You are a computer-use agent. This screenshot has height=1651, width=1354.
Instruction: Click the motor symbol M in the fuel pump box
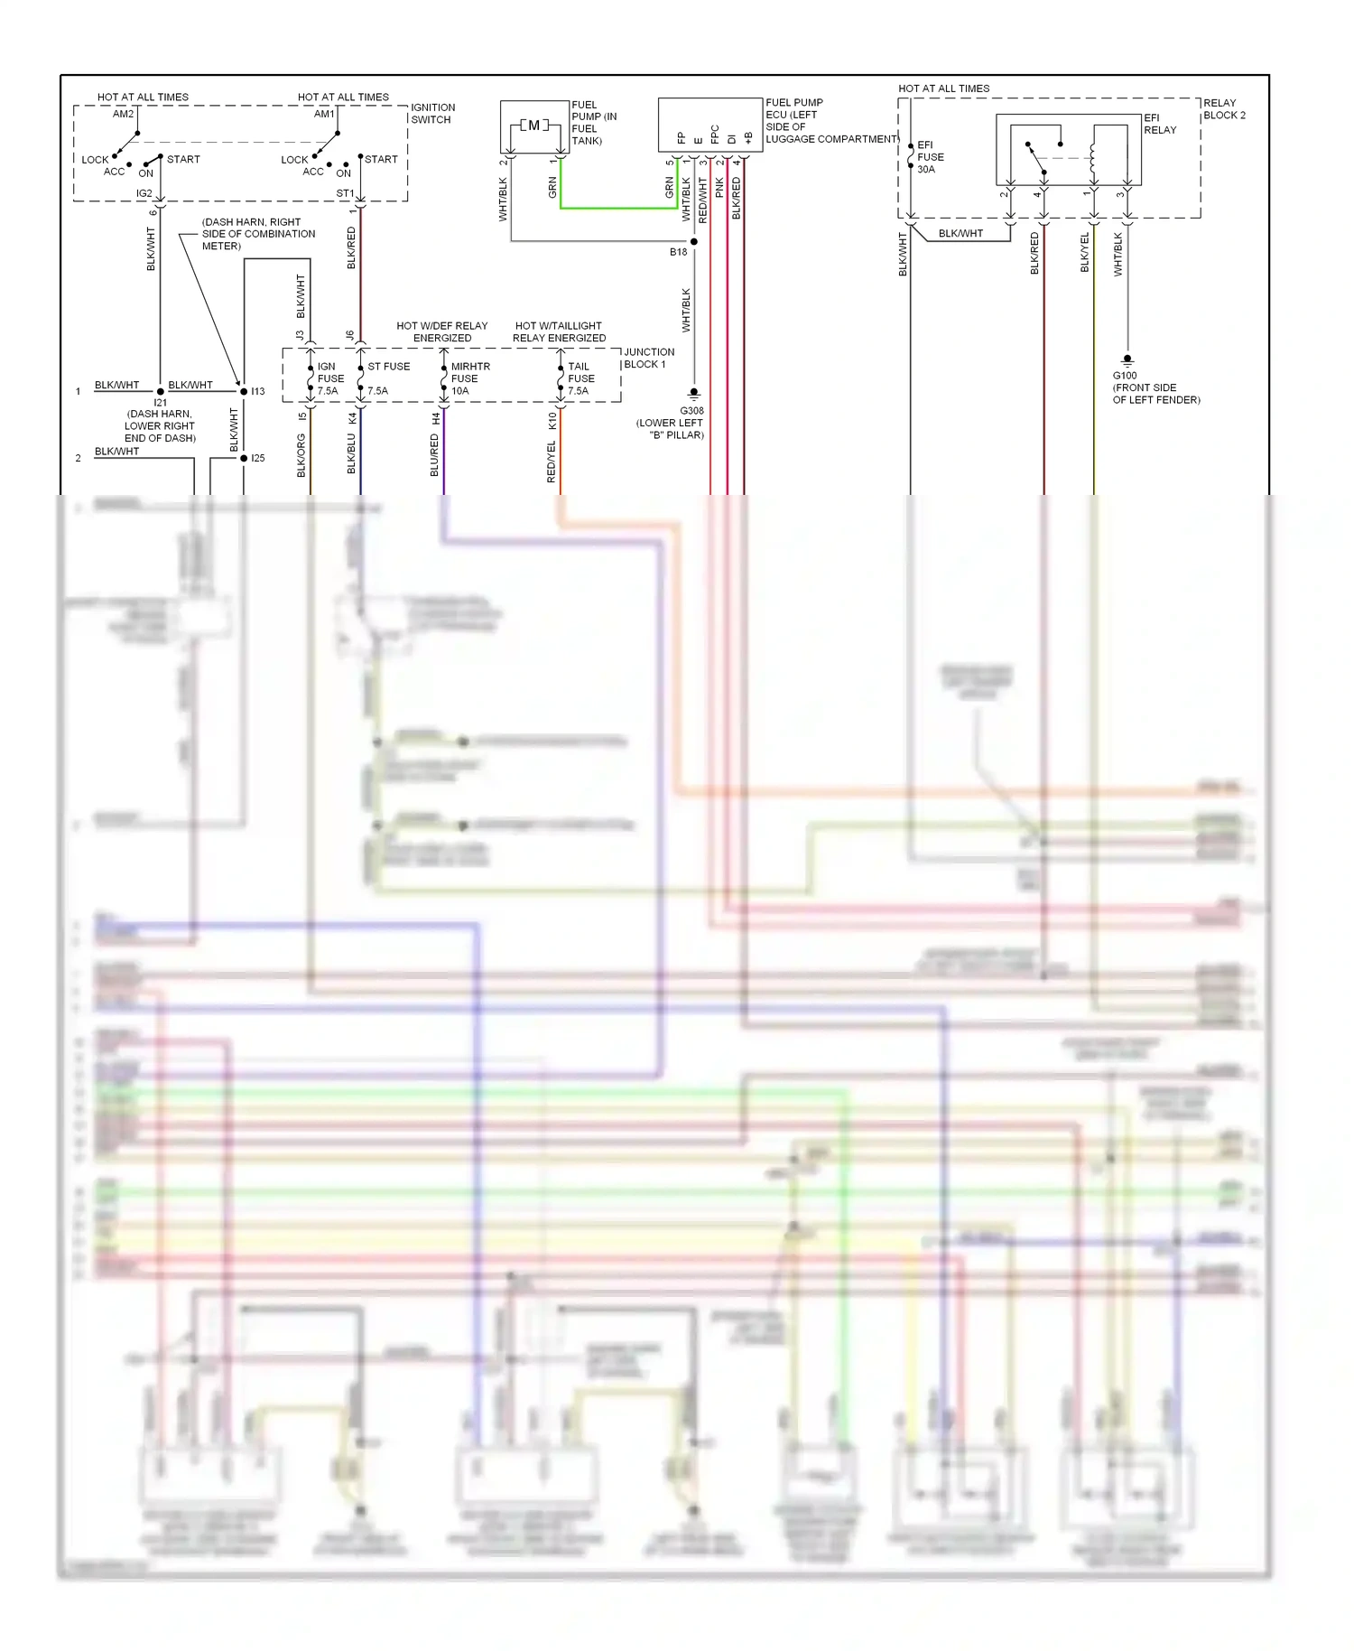point(533,126)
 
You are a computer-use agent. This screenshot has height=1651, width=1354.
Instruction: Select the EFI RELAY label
point(1159,124)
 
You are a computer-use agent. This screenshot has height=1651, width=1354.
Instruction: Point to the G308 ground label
point(691,411)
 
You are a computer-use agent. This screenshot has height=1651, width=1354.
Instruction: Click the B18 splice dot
point(694,242)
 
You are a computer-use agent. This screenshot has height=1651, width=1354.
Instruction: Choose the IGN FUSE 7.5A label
point(329,378)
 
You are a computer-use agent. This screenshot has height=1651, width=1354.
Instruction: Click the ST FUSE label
point(388,367)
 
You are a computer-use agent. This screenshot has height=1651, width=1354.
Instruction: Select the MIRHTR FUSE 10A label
point(469,378)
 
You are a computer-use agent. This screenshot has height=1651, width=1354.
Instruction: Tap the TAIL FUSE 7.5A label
point(580,378)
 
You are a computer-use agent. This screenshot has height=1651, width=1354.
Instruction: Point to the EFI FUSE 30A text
point(930,157)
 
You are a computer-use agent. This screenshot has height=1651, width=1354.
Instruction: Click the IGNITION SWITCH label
point(432,113)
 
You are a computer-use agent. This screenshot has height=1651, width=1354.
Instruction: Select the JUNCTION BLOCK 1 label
point(648,358)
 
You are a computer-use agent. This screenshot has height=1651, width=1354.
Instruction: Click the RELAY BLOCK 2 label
point(1223,108)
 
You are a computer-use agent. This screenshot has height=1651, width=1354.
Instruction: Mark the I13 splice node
point(244,391)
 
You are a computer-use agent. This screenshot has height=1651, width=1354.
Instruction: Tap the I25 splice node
point(244,458)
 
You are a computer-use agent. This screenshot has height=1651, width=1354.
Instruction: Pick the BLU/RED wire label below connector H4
point(434,456)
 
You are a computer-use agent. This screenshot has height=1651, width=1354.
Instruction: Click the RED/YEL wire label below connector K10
point(552,462)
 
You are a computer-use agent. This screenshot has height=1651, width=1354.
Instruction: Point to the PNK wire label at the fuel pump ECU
point(719,187)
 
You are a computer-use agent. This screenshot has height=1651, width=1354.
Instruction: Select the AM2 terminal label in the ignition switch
point(124,114)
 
